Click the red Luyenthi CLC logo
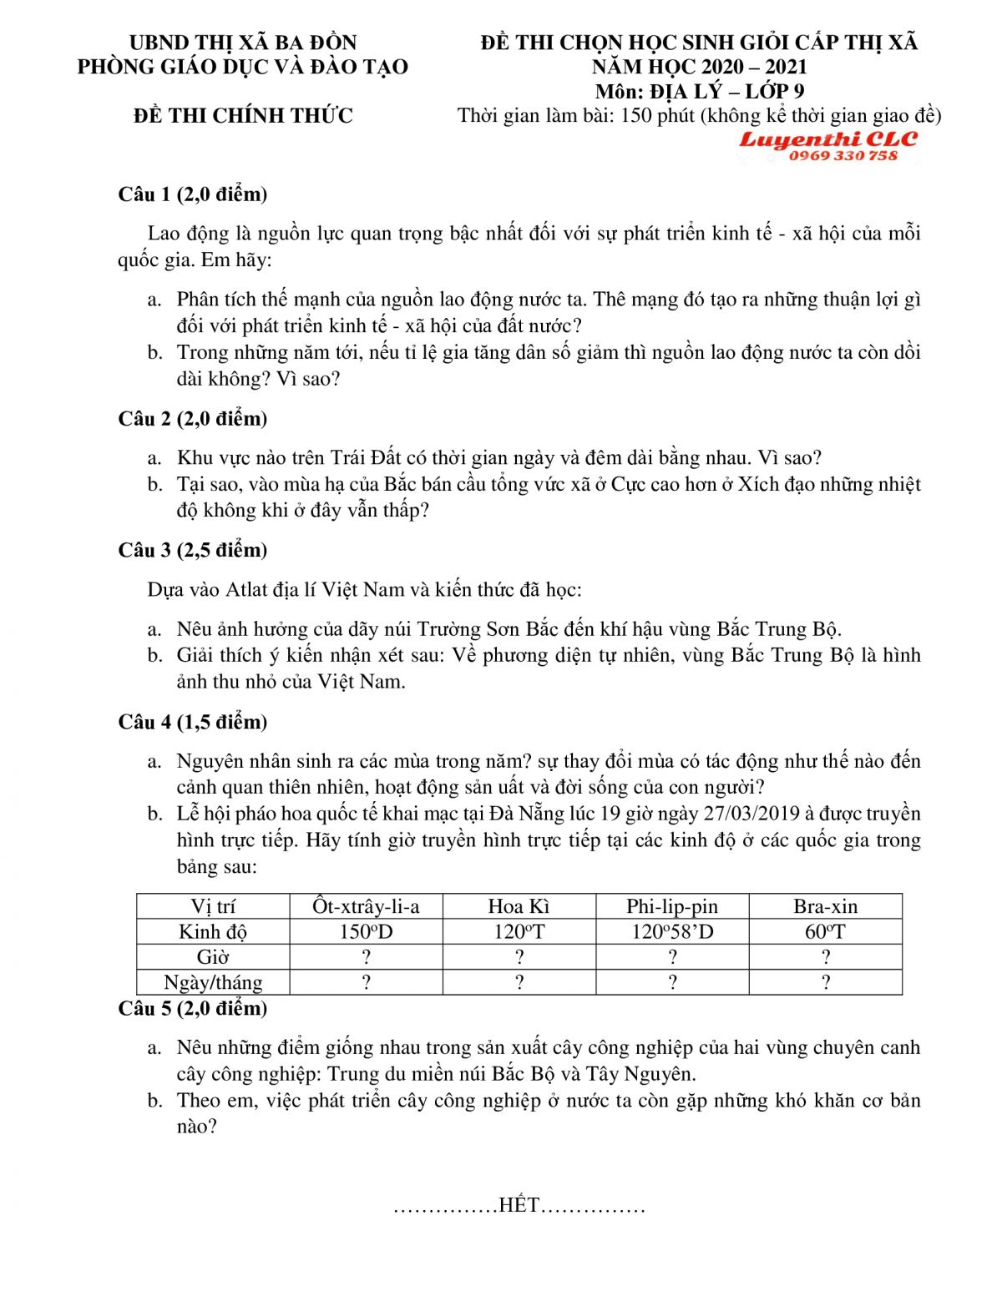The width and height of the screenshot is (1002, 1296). point(827,139)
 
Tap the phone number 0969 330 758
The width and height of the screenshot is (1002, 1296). point(843,155)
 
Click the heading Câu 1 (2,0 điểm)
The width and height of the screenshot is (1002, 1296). point(193,194)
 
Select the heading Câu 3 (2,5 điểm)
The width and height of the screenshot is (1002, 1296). point(193,550)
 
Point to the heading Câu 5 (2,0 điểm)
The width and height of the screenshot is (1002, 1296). point(193,1008)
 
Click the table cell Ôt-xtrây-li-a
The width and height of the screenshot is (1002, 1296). point(366,906)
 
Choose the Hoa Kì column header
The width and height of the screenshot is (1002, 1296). point(519,906)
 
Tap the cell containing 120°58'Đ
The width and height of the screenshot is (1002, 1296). point(672,931)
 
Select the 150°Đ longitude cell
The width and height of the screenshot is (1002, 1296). point(366,931)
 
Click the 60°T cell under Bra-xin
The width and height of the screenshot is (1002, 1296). point(825,931)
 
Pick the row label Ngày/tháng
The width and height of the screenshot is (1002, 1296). point(213,982)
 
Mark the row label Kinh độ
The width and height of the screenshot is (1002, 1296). point(213,931)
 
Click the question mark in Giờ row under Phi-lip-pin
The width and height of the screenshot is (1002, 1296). point(672,957)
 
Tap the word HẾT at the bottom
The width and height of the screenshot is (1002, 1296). point(519,1205)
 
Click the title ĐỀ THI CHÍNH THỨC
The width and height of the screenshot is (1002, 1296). point(243,115)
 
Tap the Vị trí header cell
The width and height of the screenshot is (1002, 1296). point(213,906)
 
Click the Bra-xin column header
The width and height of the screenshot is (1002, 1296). point(825,906)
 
